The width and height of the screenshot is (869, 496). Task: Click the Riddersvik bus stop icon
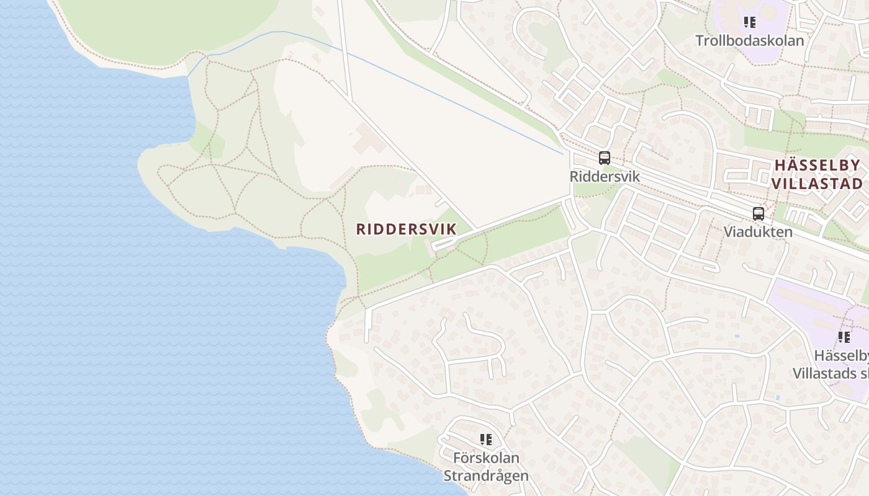(605, 158)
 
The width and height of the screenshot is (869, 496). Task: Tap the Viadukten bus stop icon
(758, 214)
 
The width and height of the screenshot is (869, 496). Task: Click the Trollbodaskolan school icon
(750, 23)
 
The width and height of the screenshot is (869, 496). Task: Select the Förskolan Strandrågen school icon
(486, 440)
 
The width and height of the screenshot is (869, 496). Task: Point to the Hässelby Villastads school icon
(844, 337)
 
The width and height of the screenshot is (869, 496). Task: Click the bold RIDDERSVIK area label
(406, 229)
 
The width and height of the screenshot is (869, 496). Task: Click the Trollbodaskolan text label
(749, 41)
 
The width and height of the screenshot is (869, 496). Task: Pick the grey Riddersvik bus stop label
(605, 177)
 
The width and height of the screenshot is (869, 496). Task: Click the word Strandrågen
(486, 476)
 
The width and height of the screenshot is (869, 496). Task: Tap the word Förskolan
(486, 458)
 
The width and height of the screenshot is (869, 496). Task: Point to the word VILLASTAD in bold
(817, 184)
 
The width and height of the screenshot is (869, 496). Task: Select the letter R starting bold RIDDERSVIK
(361, 229)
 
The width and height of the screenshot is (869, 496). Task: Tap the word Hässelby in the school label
(841, 356)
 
